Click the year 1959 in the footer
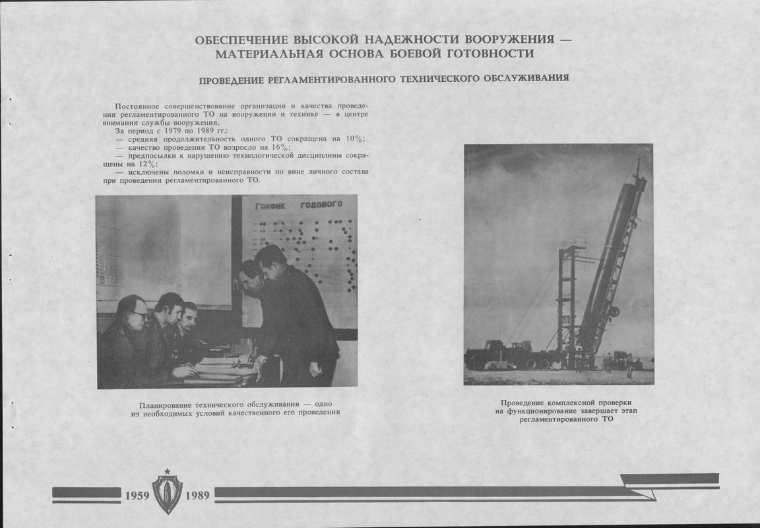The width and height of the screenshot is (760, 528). coord(136,495)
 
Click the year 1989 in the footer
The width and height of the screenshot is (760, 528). coord(197,495)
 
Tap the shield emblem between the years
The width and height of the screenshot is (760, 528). coord(167,492)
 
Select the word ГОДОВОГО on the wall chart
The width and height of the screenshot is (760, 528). coord(321,205)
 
